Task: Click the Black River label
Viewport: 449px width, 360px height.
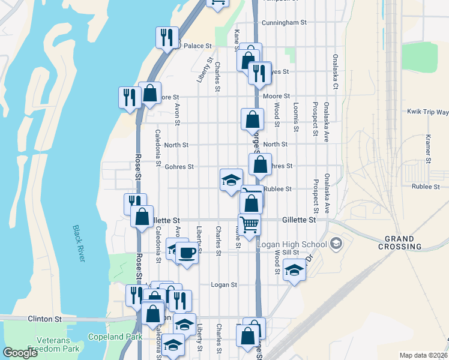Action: pos(79,243)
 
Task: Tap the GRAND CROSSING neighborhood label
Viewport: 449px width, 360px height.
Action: pos(400,242)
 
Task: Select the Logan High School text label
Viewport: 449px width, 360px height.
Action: pos(292,244)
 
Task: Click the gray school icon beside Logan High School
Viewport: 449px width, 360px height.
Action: pos(336,243)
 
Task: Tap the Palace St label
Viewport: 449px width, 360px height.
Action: pos(197,46)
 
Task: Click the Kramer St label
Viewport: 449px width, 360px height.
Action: pos(429,149)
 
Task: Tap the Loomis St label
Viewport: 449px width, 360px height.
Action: pos(296,116)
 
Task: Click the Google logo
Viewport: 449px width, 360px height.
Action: pos(20,353)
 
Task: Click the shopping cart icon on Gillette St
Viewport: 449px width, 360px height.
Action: pos(250,224)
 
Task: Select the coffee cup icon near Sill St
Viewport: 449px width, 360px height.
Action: pos(187,253)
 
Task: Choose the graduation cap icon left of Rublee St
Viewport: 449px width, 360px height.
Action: pos(231,179)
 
